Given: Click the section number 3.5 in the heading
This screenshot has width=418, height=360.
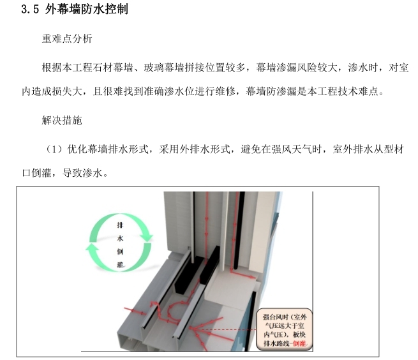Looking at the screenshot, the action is coord(30,9).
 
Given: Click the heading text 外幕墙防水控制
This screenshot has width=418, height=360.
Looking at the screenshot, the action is coord(86,9).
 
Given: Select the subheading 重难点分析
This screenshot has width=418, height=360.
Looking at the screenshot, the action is coord(67,39).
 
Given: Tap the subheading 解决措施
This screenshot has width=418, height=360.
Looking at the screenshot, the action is coord(62,120).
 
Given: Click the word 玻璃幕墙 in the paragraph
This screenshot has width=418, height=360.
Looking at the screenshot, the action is coord(163,68).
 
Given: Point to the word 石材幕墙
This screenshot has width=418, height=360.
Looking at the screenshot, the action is coord(113,68).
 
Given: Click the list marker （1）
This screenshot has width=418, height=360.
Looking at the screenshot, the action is coord(54,149).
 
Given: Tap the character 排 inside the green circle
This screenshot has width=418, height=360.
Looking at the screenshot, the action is coord(120,225).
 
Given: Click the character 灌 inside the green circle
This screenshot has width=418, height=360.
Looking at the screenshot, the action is coord(120,264).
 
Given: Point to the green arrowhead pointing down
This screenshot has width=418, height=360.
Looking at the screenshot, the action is coord(146,237).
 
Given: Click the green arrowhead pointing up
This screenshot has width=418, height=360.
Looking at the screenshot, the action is coord(93,247).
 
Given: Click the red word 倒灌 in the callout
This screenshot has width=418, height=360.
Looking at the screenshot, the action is coord(299,343).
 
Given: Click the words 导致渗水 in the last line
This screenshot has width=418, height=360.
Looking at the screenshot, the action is coord(82,173).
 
